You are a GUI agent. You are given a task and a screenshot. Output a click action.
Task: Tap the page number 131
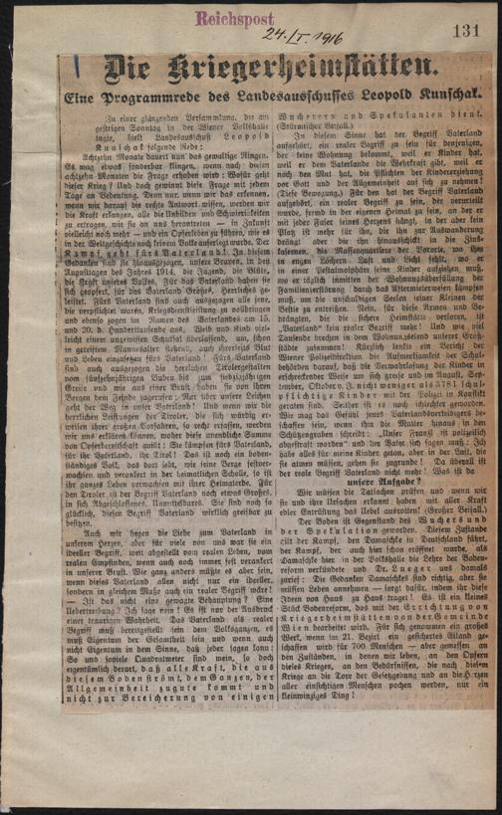pyautogui.click(x=465, y=33)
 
